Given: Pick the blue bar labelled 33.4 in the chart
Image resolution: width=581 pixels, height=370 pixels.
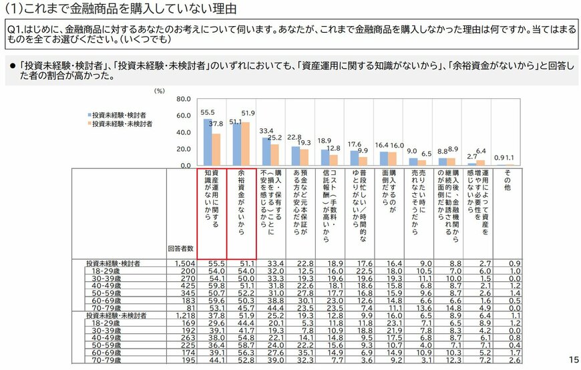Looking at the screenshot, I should click(266, 151).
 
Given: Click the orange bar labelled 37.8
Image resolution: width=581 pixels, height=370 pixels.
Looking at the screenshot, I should click(216, 149).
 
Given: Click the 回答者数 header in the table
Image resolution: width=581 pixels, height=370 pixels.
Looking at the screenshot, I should click(181, 248).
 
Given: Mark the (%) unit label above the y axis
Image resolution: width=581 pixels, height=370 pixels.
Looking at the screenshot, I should click(159, 89).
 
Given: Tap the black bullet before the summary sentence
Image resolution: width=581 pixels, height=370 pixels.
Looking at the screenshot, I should click(12, 67).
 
